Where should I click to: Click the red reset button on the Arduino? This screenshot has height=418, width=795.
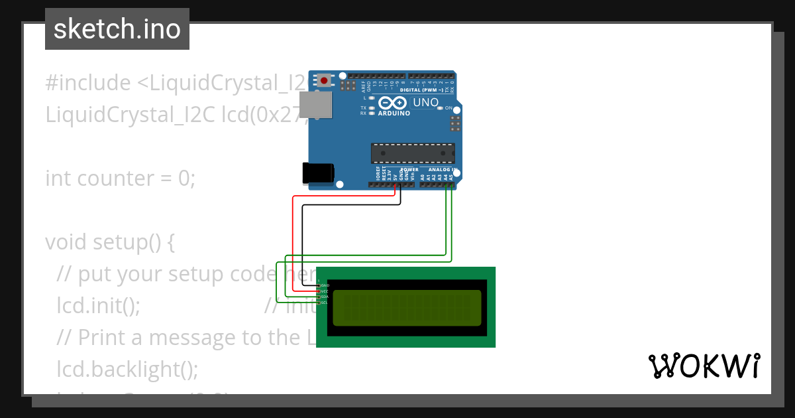323,81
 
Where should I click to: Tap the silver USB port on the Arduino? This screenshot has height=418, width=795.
315,104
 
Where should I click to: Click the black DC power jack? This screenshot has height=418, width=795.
317,173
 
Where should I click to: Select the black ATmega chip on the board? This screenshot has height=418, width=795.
413,153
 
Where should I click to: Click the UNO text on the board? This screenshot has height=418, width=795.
425,103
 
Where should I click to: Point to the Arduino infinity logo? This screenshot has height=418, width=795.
394,104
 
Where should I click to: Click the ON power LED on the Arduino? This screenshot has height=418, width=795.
439,108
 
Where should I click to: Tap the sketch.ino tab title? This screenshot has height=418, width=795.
117,29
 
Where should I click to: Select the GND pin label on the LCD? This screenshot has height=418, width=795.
325,285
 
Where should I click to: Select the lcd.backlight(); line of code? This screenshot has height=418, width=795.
127,369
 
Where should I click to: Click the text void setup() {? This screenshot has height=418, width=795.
110,242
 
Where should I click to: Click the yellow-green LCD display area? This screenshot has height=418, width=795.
406,308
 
